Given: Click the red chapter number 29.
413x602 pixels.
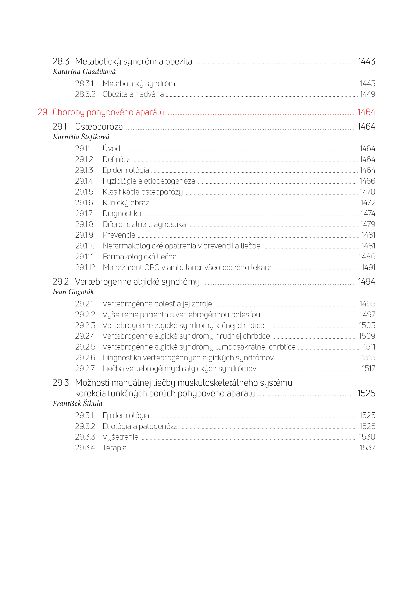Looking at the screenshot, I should coord(43,112).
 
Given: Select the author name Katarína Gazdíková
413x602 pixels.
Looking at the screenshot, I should coord(84,72).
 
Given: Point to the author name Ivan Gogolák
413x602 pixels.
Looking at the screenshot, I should coord(73,292).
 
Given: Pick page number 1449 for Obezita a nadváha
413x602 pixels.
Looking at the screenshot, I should coord(367,94).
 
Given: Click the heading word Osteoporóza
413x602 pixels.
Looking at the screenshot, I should coord(99,127).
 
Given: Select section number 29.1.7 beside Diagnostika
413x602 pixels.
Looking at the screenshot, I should coord(84,213).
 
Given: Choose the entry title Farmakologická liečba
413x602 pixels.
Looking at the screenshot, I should coord(139,257).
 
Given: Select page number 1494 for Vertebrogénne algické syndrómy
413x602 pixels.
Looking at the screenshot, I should coord(366,282).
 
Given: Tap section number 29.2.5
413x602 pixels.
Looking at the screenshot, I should coord(85,347).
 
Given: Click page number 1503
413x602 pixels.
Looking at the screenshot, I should coord(367,325).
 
